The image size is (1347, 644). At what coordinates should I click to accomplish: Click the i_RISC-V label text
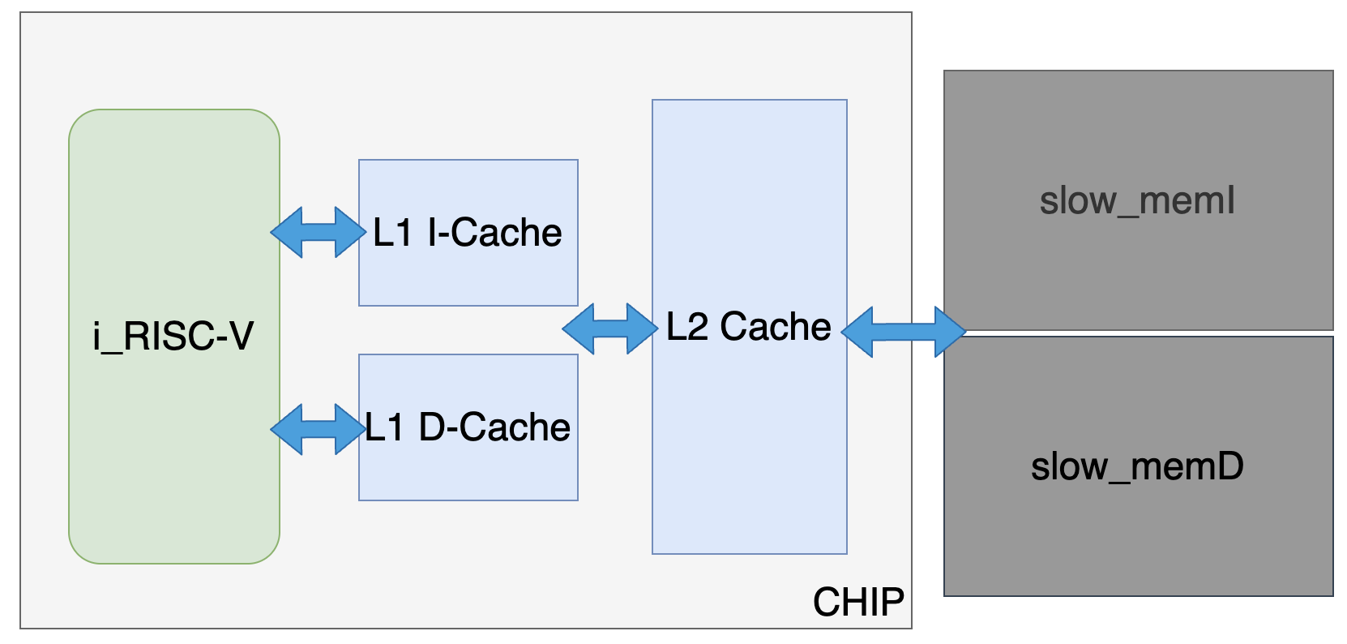coord(173,336)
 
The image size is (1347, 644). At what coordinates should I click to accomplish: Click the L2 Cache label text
coord(748,327)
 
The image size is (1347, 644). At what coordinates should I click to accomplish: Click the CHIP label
coord(858,603)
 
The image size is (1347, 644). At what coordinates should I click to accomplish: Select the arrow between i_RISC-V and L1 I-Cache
coord(318,233)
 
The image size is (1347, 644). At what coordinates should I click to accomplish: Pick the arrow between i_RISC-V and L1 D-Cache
coord(318,429)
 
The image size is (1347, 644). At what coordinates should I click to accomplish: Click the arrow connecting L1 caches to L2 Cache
coord(609,328)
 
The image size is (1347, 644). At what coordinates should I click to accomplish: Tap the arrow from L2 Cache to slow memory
coord(904,332)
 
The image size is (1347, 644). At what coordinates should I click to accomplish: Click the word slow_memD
coord(1137,466)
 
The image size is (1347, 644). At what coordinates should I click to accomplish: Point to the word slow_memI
coord(1137,200)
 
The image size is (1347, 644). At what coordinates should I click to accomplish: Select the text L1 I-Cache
coord(467,233)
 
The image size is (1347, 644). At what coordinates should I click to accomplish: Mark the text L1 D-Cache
coord(468,427)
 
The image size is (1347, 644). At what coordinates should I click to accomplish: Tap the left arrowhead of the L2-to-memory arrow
coord(857,332)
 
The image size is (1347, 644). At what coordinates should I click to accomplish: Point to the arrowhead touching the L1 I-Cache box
coord(350,233)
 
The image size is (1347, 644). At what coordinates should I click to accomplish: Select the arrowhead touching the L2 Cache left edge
coord(642,328)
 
